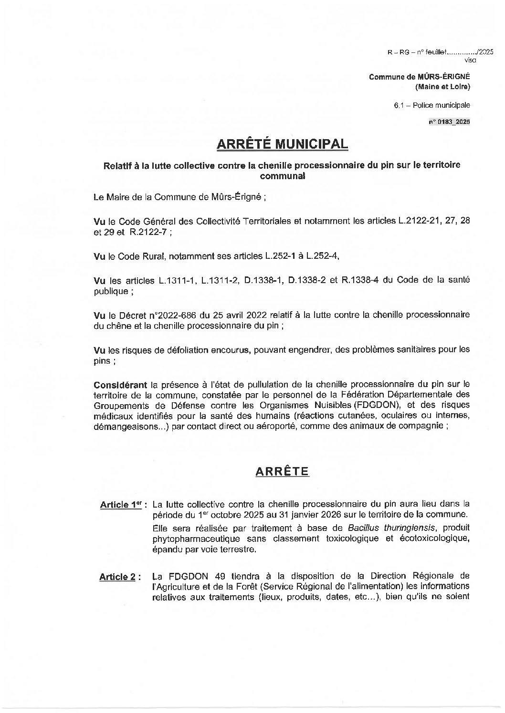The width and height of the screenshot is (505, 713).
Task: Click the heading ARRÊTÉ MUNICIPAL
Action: click(282, 144)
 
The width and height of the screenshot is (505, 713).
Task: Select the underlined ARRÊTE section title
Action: click(282, 471)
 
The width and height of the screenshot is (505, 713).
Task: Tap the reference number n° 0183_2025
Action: click(449, 122)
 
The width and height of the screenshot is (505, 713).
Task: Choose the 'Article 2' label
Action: click(117, 577)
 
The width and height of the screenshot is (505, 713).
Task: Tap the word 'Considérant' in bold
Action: click(120, 384)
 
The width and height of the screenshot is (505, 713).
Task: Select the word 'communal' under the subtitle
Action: click(282, 175)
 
